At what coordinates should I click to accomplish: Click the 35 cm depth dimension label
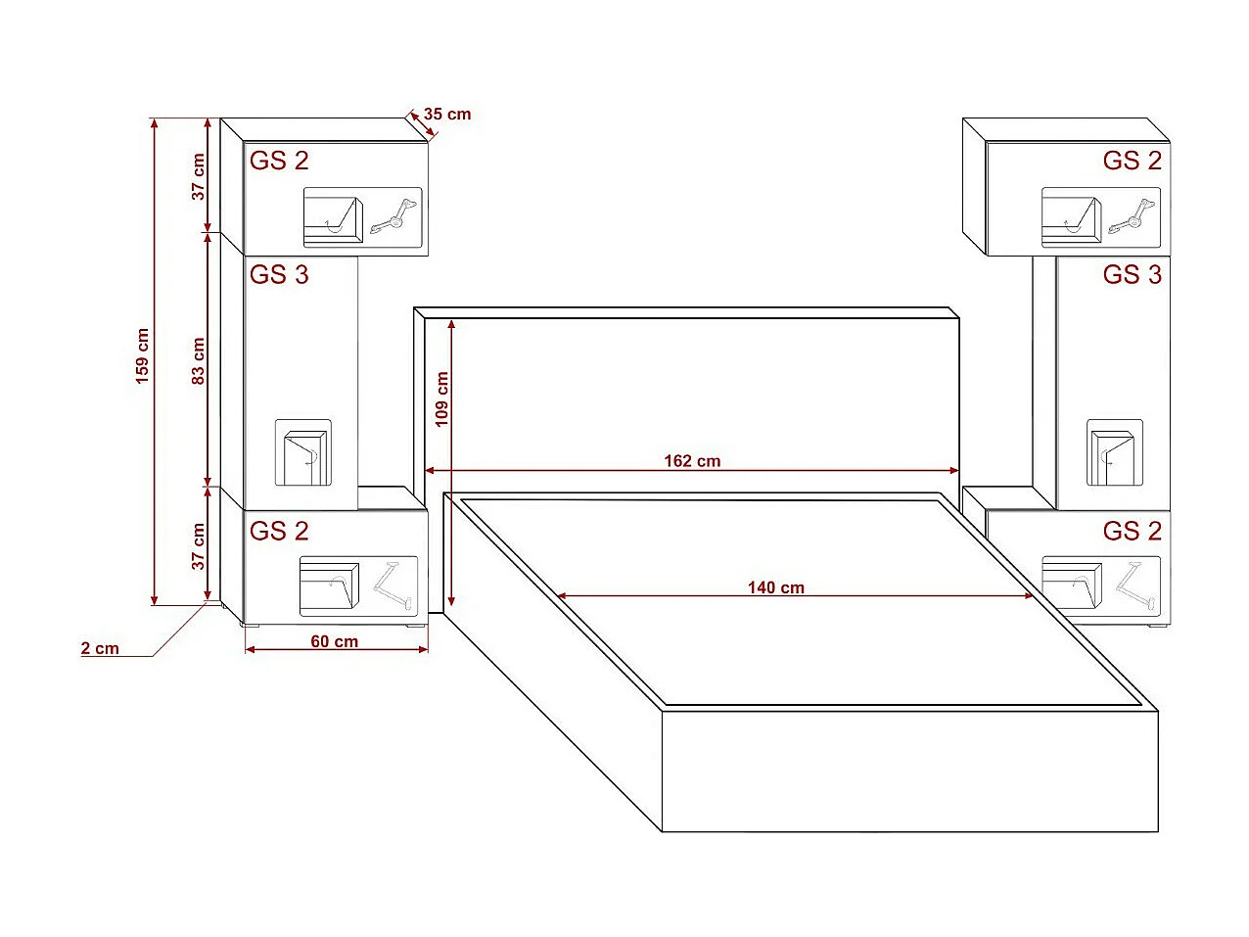(x=447, y=115)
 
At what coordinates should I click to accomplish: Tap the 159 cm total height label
(x=143, y=355)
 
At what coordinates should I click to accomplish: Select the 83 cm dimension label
(x=199, y=360)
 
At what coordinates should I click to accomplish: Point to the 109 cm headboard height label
(x=441, y=398)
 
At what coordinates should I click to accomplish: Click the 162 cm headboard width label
(x=692, y=460)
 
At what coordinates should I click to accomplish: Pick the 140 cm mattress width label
(x=775, y=587)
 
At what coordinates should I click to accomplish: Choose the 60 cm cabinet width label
(x=335, y=641)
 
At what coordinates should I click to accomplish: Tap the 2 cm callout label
(x=100, y=648)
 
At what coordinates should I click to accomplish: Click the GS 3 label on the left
(x=279, y=275)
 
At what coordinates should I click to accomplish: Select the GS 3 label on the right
(x=1132, y=275)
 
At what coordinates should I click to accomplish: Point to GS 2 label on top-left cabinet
(x=279, y=161)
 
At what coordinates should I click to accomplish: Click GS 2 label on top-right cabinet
(x=1132, y=161)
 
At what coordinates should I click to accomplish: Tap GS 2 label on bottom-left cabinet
(x=279, y=531)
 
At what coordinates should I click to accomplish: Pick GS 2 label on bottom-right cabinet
(x=1132, y=531)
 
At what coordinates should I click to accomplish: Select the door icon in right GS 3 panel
(x=1114, y=452)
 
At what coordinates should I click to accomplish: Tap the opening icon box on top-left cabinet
(x=362, y=216)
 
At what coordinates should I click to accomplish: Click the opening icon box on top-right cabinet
(x=1100, y=216)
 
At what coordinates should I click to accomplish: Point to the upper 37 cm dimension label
(x=199, y=177)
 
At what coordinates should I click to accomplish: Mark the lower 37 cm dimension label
(x=199, y=546)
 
